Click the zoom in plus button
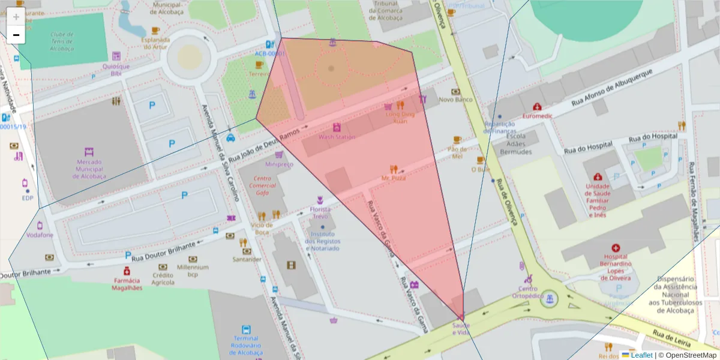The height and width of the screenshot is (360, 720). (16, 17)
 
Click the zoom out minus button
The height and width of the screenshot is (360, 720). (16, 35)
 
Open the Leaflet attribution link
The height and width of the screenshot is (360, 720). (641, 355)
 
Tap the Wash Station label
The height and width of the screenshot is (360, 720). (337, 137)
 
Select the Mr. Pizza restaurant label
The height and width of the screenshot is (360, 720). (394, 178)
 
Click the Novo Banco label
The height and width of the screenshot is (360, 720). (455, 100)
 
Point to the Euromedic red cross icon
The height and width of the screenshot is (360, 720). (537, 106)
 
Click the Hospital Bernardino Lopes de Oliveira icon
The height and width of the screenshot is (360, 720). (615, 248)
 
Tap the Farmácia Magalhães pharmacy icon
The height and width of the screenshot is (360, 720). (127, 271)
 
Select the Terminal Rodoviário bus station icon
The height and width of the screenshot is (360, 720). (246, 329)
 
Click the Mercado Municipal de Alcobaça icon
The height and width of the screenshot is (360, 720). (89, 152)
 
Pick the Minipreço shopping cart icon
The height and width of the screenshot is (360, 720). (279, 155)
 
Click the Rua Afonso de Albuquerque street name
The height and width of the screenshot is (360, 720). (611, 88)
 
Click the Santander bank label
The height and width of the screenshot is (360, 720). (247, 259)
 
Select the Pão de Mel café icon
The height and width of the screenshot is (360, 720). (457, 140)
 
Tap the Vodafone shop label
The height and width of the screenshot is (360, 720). (40, 235)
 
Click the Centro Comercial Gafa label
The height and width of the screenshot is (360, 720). (263, 185)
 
